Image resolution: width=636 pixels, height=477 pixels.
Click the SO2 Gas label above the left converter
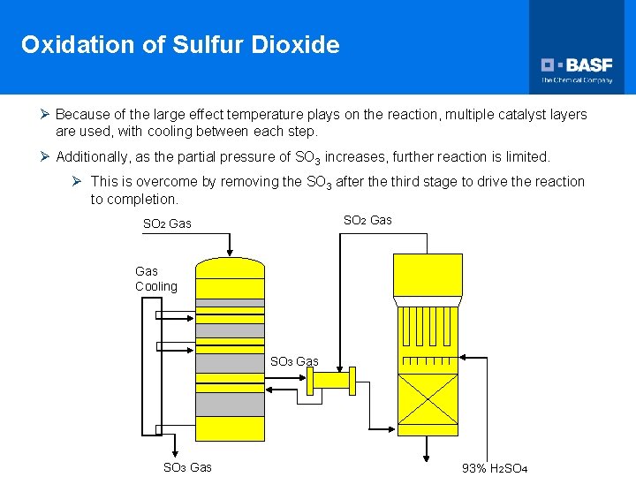167,223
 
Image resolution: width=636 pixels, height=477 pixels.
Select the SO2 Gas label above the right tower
367,220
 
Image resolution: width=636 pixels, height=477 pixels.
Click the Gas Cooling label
155,279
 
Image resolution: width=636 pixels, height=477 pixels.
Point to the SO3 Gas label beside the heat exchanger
294,361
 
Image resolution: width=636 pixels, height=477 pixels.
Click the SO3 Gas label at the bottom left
187,467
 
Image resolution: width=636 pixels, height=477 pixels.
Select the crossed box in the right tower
428,399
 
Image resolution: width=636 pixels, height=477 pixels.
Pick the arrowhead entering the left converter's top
229,253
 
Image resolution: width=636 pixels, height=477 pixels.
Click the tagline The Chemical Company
577,80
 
